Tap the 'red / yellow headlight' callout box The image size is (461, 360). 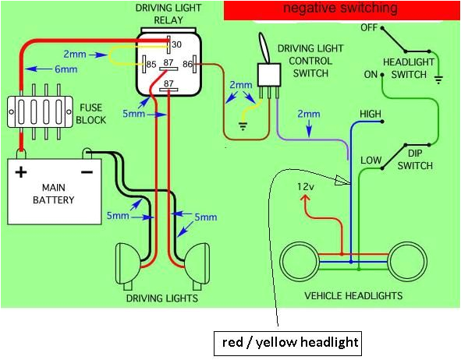coord(285,342)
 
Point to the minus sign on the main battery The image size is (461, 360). coord(87,170)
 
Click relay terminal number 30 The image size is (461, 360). coord(176,44)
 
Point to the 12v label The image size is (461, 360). coord(306,187)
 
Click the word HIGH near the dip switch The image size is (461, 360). coord(370,114)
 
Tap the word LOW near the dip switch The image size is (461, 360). coord(371,161)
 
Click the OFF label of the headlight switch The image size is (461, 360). coord(369,27)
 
